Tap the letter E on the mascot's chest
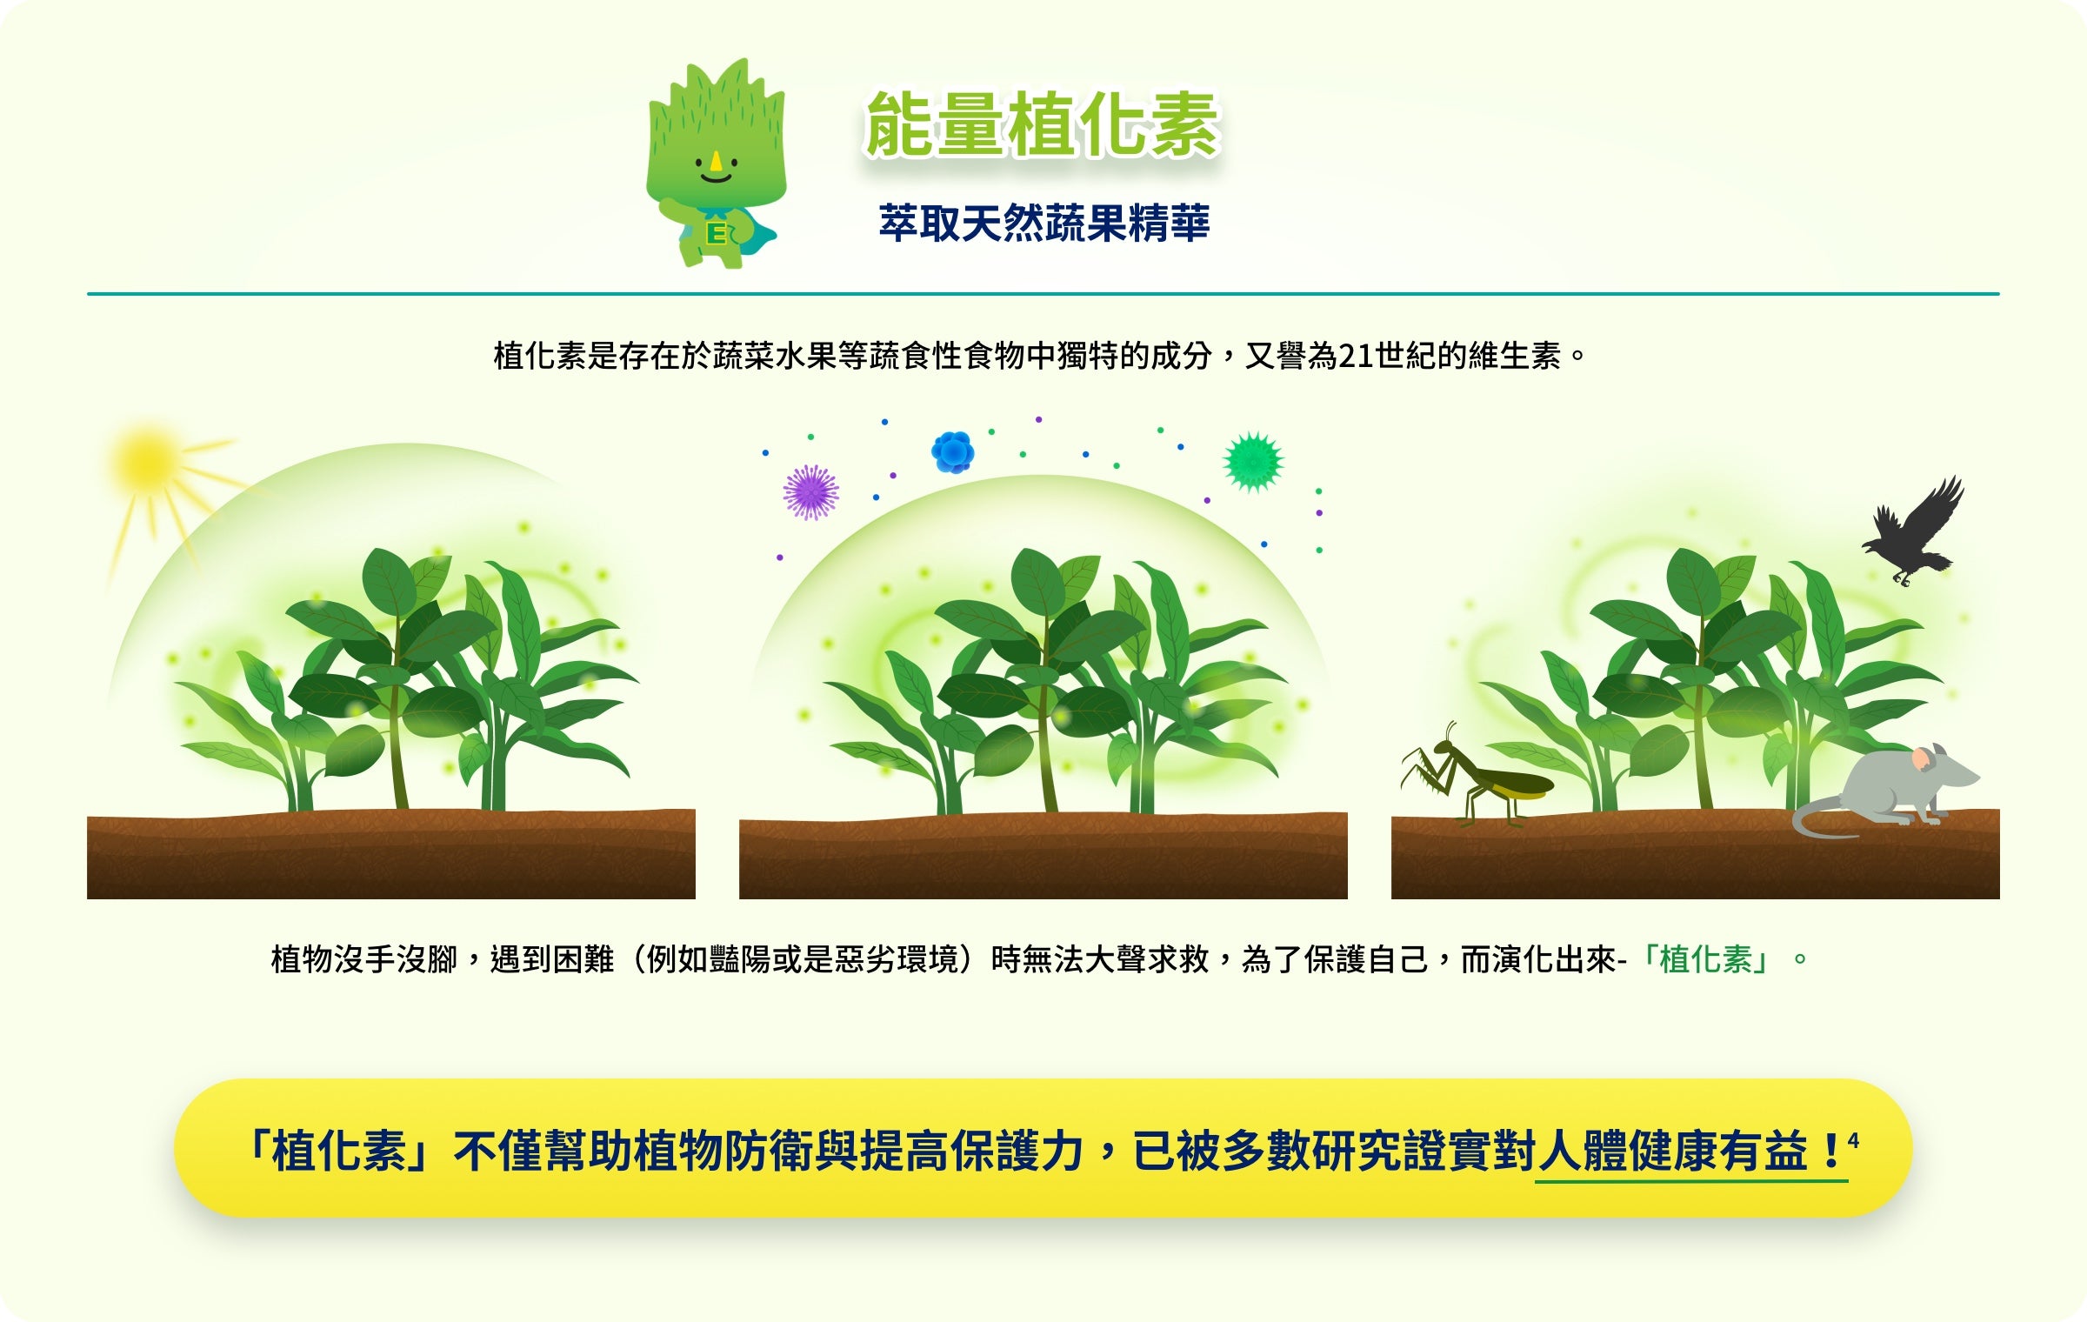717,234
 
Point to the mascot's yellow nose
716,161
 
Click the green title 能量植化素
1043,125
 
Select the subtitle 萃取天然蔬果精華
1043,223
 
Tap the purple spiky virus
810,492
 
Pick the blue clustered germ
953,452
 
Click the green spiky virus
1253,462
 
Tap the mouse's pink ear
1921,758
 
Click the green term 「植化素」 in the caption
1705,959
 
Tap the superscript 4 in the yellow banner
1853,1139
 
